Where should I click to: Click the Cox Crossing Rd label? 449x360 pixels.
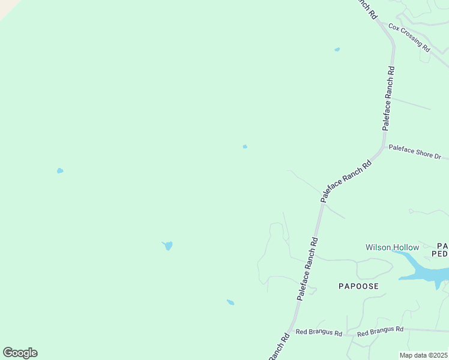[x=409, y=37]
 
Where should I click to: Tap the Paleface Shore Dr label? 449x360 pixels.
[x=415, y=151]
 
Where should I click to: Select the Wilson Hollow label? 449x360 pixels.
[x=393, y=247]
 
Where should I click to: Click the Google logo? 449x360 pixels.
[x=20, y=353]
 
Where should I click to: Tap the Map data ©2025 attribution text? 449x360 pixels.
[x=423, y=355]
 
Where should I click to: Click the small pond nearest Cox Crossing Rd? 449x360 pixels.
[x=337, y=49]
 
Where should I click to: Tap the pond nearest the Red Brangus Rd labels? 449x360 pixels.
[x=231, y=302]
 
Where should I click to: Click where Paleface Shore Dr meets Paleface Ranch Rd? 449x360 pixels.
[x=383, y=146]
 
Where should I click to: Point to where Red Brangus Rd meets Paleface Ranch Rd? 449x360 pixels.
[x=291, y=333]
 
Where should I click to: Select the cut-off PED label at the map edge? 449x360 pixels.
[x=442, y=254]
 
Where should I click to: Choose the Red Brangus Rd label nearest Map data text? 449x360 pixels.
[x=380, y=331]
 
